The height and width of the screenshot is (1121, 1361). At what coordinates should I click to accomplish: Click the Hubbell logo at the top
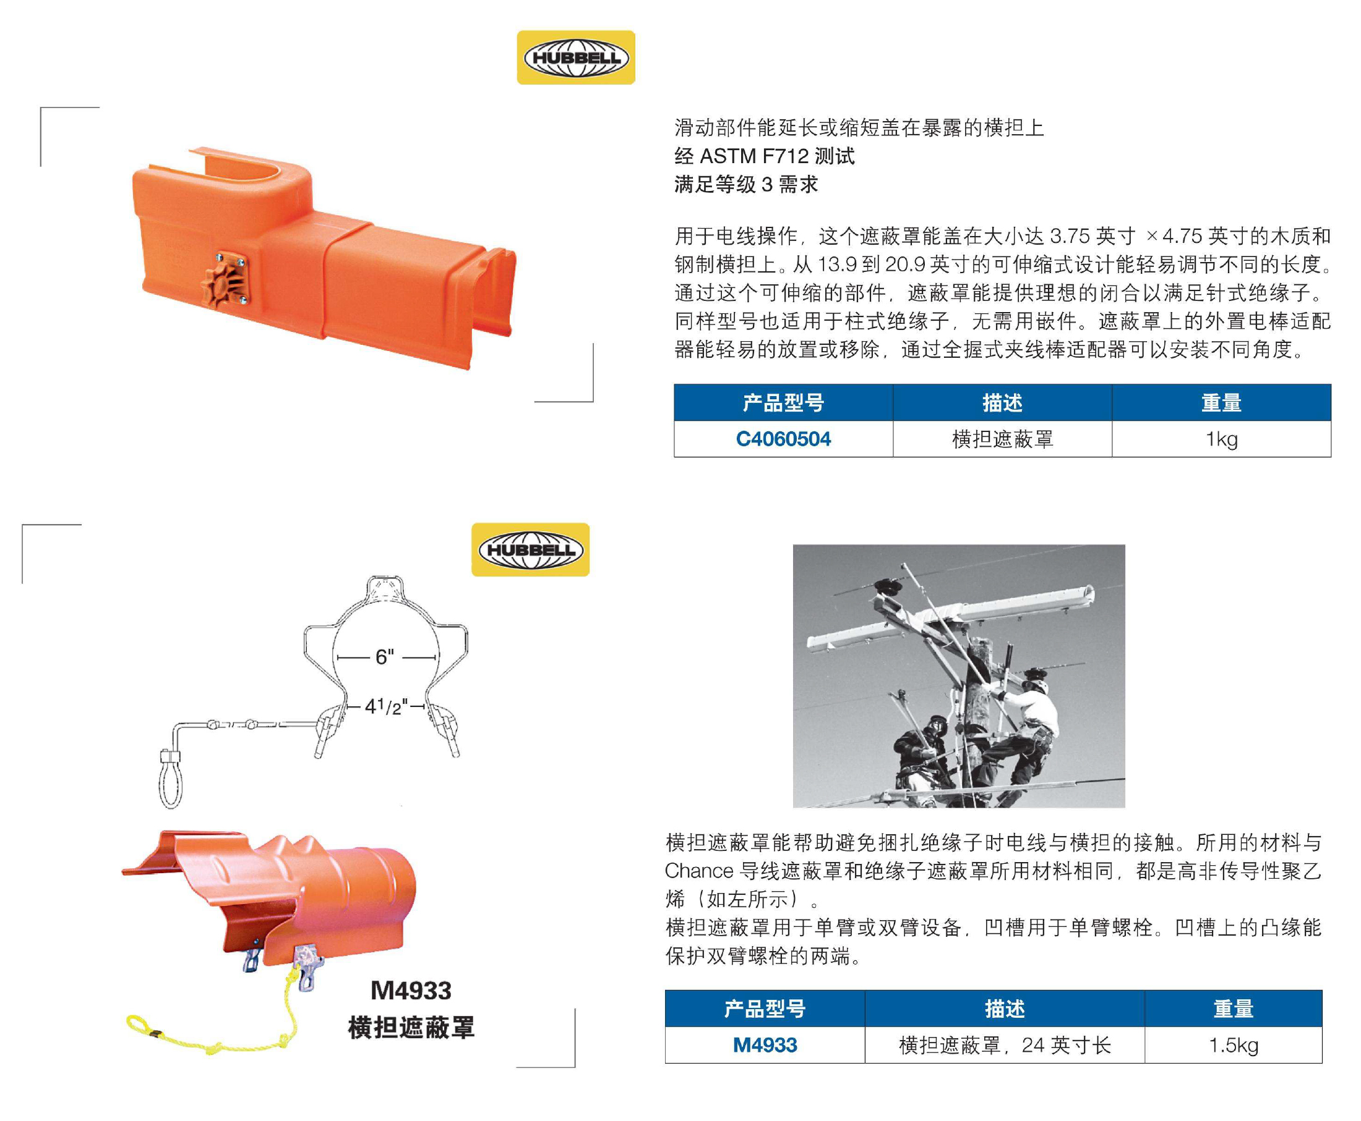tap(576, 57)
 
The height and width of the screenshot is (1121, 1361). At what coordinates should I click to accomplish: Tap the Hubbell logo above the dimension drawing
tap(531, 549)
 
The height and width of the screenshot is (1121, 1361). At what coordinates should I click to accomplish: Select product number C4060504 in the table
tap(783, 439)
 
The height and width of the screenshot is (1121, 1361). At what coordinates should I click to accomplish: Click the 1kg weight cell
tap(1221, 439)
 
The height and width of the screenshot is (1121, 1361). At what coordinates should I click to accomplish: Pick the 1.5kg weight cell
tap(1233, 1045)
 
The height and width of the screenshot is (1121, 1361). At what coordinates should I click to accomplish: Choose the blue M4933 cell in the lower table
tap(765, 1045)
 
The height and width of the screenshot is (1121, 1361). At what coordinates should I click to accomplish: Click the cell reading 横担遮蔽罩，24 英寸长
tap(1005, 1045)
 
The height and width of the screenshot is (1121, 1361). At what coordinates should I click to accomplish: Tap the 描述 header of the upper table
tap(1002, 403)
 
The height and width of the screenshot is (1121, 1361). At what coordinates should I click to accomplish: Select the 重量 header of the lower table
tap(1233, 1009)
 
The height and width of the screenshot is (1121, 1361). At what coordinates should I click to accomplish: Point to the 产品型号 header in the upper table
tap(783, 403)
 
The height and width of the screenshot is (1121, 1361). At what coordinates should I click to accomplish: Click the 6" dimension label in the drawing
tap(385, 658)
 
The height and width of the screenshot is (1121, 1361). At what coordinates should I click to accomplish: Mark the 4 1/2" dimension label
tap(387, 706)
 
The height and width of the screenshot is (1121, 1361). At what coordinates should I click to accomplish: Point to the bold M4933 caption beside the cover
tap(411, 990)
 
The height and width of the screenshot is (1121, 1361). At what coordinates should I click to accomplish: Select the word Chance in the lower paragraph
tap(699, 871)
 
